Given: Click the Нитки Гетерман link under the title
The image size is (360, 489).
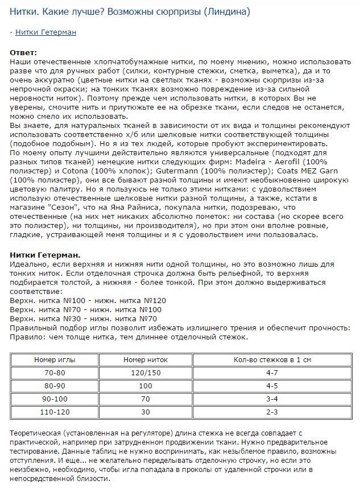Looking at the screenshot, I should coord(45,32).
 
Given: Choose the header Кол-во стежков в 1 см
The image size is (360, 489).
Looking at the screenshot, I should coord(272,360).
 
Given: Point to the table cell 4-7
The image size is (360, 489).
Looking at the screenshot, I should coord(272,372).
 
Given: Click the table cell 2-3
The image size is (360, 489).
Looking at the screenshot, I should coord(272,412).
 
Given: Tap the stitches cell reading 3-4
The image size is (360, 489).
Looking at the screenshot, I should coord(272,399).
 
